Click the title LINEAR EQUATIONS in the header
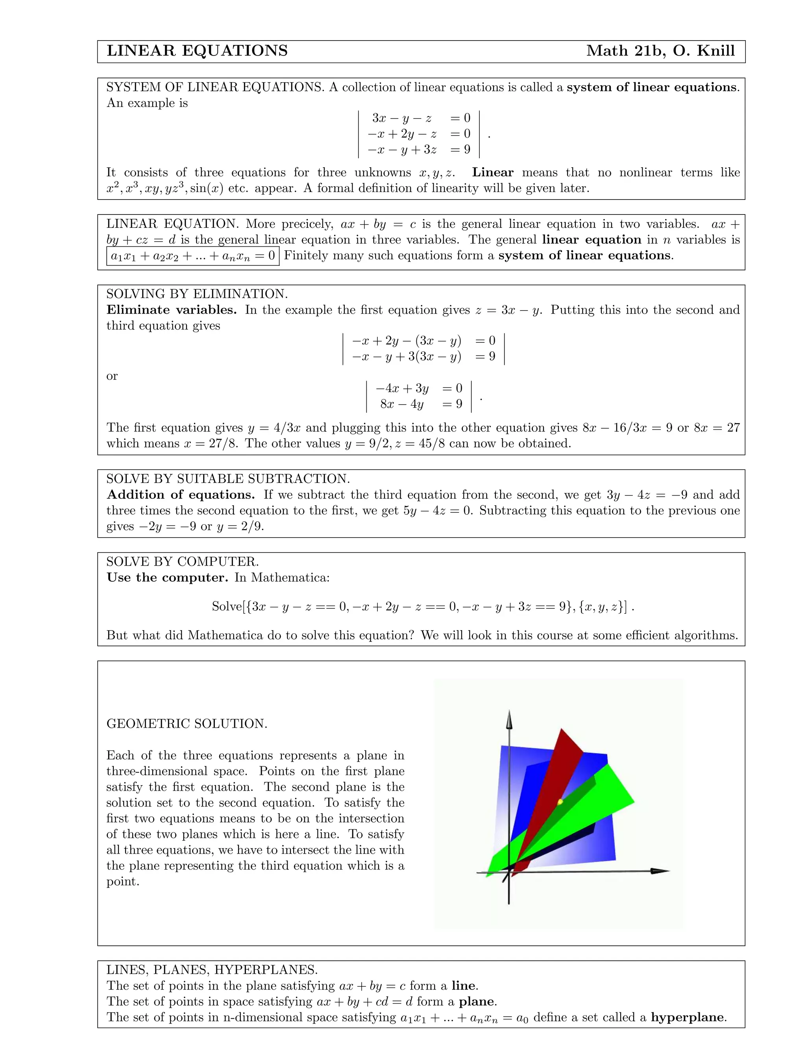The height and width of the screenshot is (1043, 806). click(197, 51)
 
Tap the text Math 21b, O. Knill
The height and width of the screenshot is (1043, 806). click(660, 51)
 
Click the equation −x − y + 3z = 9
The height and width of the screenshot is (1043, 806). click(418, 150)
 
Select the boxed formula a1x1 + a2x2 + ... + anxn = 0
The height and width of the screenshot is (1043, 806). click(192, 256)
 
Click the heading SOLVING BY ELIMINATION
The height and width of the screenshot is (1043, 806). click(197, 294)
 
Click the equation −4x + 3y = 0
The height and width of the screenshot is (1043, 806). click(418, 388)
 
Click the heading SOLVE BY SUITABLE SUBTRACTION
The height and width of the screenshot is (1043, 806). click(228, 479)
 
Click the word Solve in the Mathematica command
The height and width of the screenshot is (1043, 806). click(226, 607)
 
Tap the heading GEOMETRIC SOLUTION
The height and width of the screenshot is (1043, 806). click(187, 723)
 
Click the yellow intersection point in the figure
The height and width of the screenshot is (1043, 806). click(560, 802)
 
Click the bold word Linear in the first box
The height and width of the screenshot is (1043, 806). click(492, 172)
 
